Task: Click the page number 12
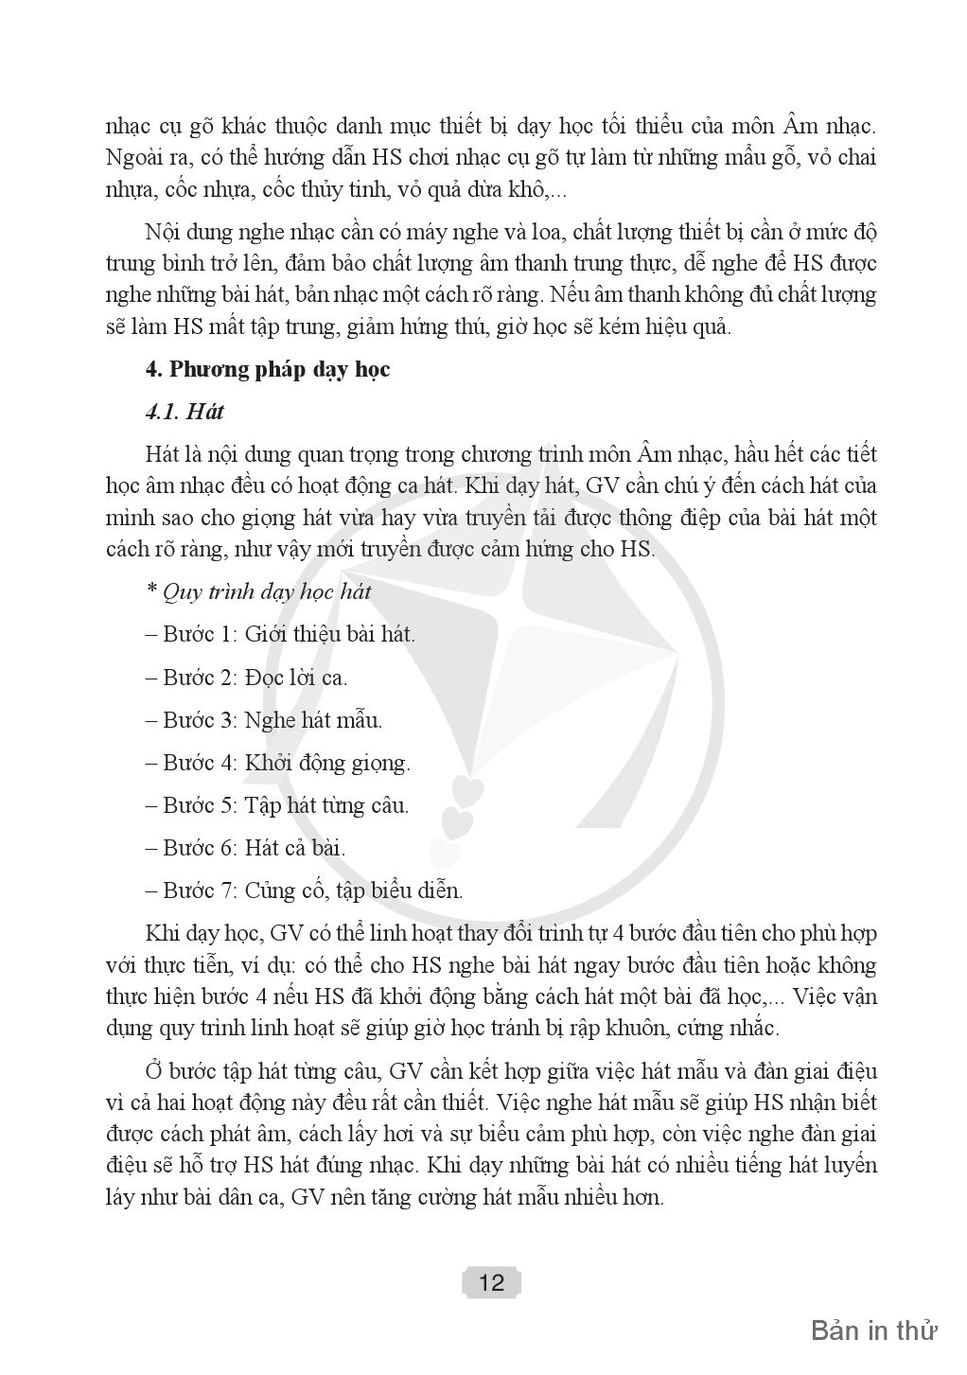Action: point(492,1283)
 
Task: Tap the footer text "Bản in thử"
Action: point(873,1331)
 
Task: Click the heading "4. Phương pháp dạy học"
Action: point(268,370)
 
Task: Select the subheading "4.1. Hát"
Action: point(185,413)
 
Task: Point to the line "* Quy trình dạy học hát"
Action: point(258,592)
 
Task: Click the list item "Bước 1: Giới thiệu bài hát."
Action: point(280,634)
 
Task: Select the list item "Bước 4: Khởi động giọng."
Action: point(278,763)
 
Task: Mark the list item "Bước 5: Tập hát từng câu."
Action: point(277,806)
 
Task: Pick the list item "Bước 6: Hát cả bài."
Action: point(246,848)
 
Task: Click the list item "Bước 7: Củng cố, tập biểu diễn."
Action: point(304,891)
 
